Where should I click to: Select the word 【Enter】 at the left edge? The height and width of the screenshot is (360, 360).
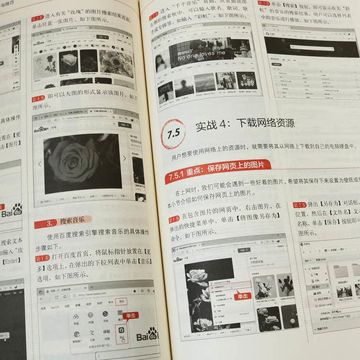coord(9,262)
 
